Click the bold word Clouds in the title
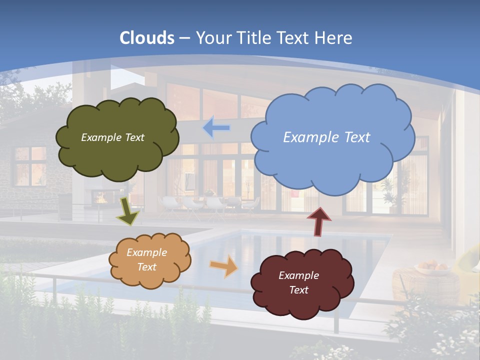click(x=147, y=37)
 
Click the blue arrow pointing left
click(x=216, y=128)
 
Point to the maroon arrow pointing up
click(x=319, y=221)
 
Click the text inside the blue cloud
click(x=326, y=137)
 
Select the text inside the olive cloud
click(x=112, y=137)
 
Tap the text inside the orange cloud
click(x=146, y=259)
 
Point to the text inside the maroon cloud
click(x=298, y=282)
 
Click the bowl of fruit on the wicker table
click(x=433, y=267)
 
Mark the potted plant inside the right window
click(x=388, y=195)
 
